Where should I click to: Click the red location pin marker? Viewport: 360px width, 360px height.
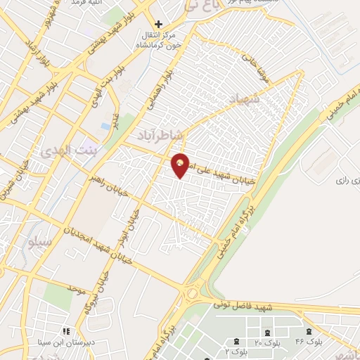click(181, 165)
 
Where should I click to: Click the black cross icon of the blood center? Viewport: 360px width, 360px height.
click(158, 25)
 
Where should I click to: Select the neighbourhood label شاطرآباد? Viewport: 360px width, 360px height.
click(158, 133)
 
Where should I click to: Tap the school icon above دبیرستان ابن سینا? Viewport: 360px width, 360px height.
click(66, 330)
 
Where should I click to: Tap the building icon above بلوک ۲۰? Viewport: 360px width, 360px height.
click(267, 332)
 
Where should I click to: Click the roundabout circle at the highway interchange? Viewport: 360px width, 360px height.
click(190, 292)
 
